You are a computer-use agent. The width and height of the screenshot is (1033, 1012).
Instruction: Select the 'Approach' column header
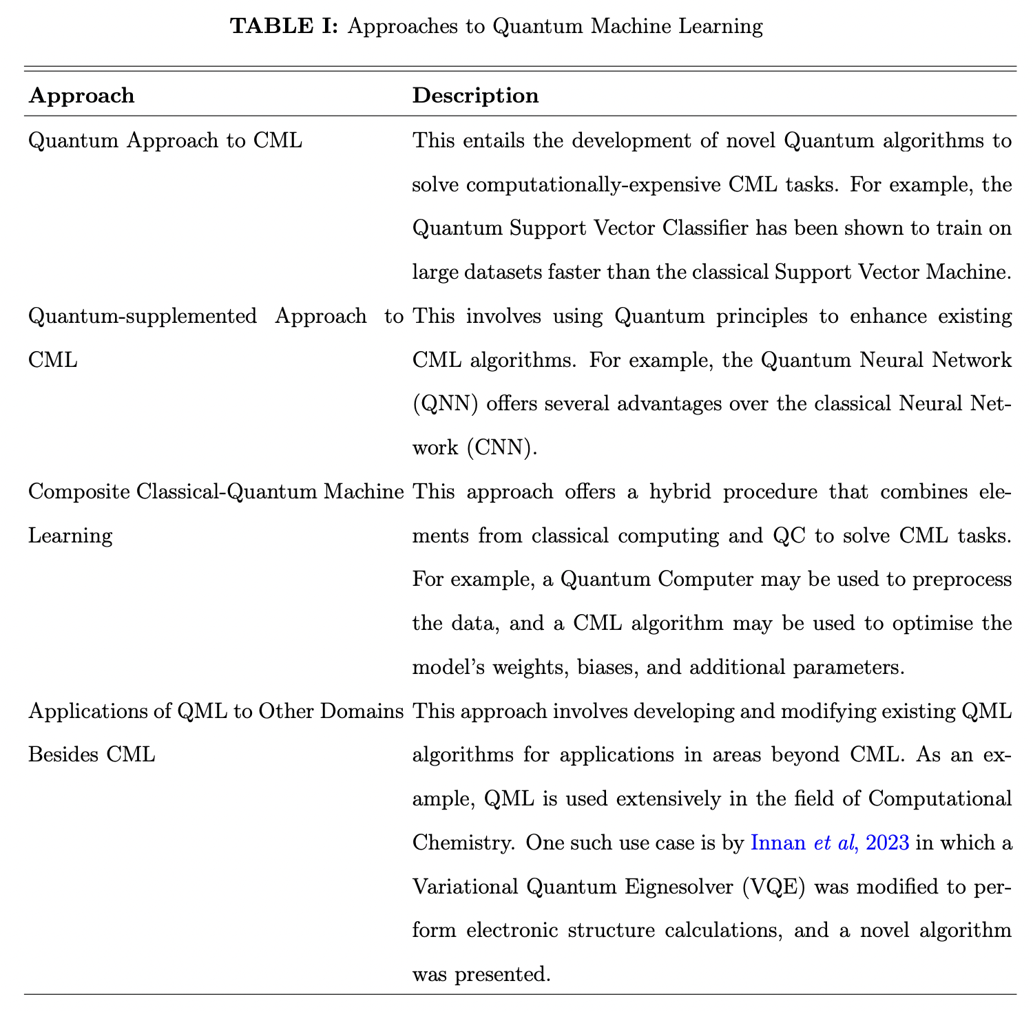tap(81, 95)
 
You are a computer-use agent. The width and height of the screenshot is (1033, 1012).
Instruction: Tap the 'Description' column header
tap(475, 95)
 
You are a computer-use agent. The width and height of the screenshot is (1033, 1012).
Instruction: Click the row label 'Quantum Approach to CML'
tap(165, 141)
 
